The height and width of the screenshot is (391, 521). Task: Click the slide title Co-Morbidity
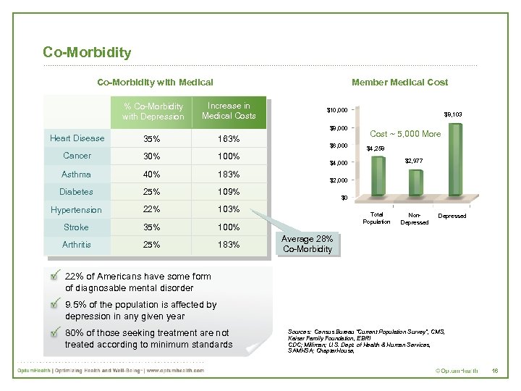[x=87, y=52]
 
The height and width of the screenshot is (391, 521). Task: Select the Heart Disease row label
[x=77, y=138]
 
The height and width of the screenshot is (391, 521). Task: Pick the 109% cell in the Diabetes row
[x=229, y=192]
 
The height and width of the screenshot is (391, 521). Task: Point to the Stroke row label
[x=77, y=227]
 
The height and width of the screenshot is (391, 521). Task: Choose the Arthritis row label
[x=77, y=245]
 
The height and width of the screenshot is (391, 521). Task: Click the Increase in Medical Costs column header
[x=229, y=111]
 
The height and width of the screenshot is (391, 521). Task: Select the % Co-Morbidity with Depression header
[x=153, y=112]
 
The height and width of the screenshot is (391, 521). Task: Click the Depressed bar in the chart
[x=455, y=159]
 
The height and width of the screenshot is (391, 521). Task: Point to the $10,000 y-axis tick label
[x=337, y=110]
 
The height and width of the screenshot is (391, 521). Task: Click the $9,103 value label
[x=453, y=114]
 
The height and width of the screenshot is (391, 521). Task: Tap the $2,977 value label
[x=414, y=160]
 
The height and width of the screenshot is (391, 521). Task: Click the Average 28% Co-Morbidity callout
[x=308, y=244]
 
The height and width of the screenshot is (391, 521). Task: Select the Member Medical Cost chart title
[x=399, y=83]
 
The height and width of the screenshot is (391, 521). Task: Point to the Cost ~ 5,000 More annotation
[x=405, y=134]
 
